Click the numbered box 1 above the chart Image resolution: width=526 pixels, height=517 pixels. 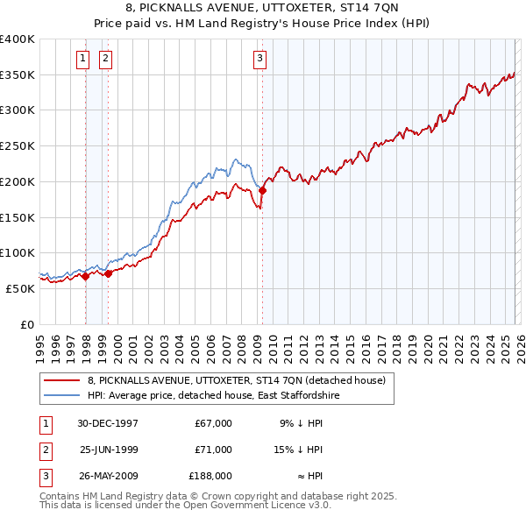click(82, 59)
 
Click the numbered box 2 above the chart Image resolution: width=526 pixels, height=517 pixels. click(105, 59)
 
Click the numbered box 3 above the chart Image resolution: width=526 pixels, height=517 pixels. click(260, 59)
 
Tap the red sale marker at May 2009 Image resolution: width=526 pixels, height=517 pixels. click(262, 189)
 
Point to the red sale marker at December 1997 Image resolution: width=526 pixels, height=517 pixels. click(86, 276)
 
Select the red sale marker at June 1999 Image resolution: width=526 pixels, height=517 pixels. click(109, 273)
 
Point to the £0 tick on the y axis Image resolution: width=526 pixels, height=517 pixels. click(28, 324)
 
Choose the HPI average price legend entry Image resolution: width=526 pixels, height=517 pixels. click(213, 396)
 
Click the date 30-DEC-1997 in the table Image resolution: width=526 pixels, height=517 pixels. click(109, 423)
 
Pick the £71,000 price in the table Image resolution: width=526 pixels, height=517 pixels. click(213, 449)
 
